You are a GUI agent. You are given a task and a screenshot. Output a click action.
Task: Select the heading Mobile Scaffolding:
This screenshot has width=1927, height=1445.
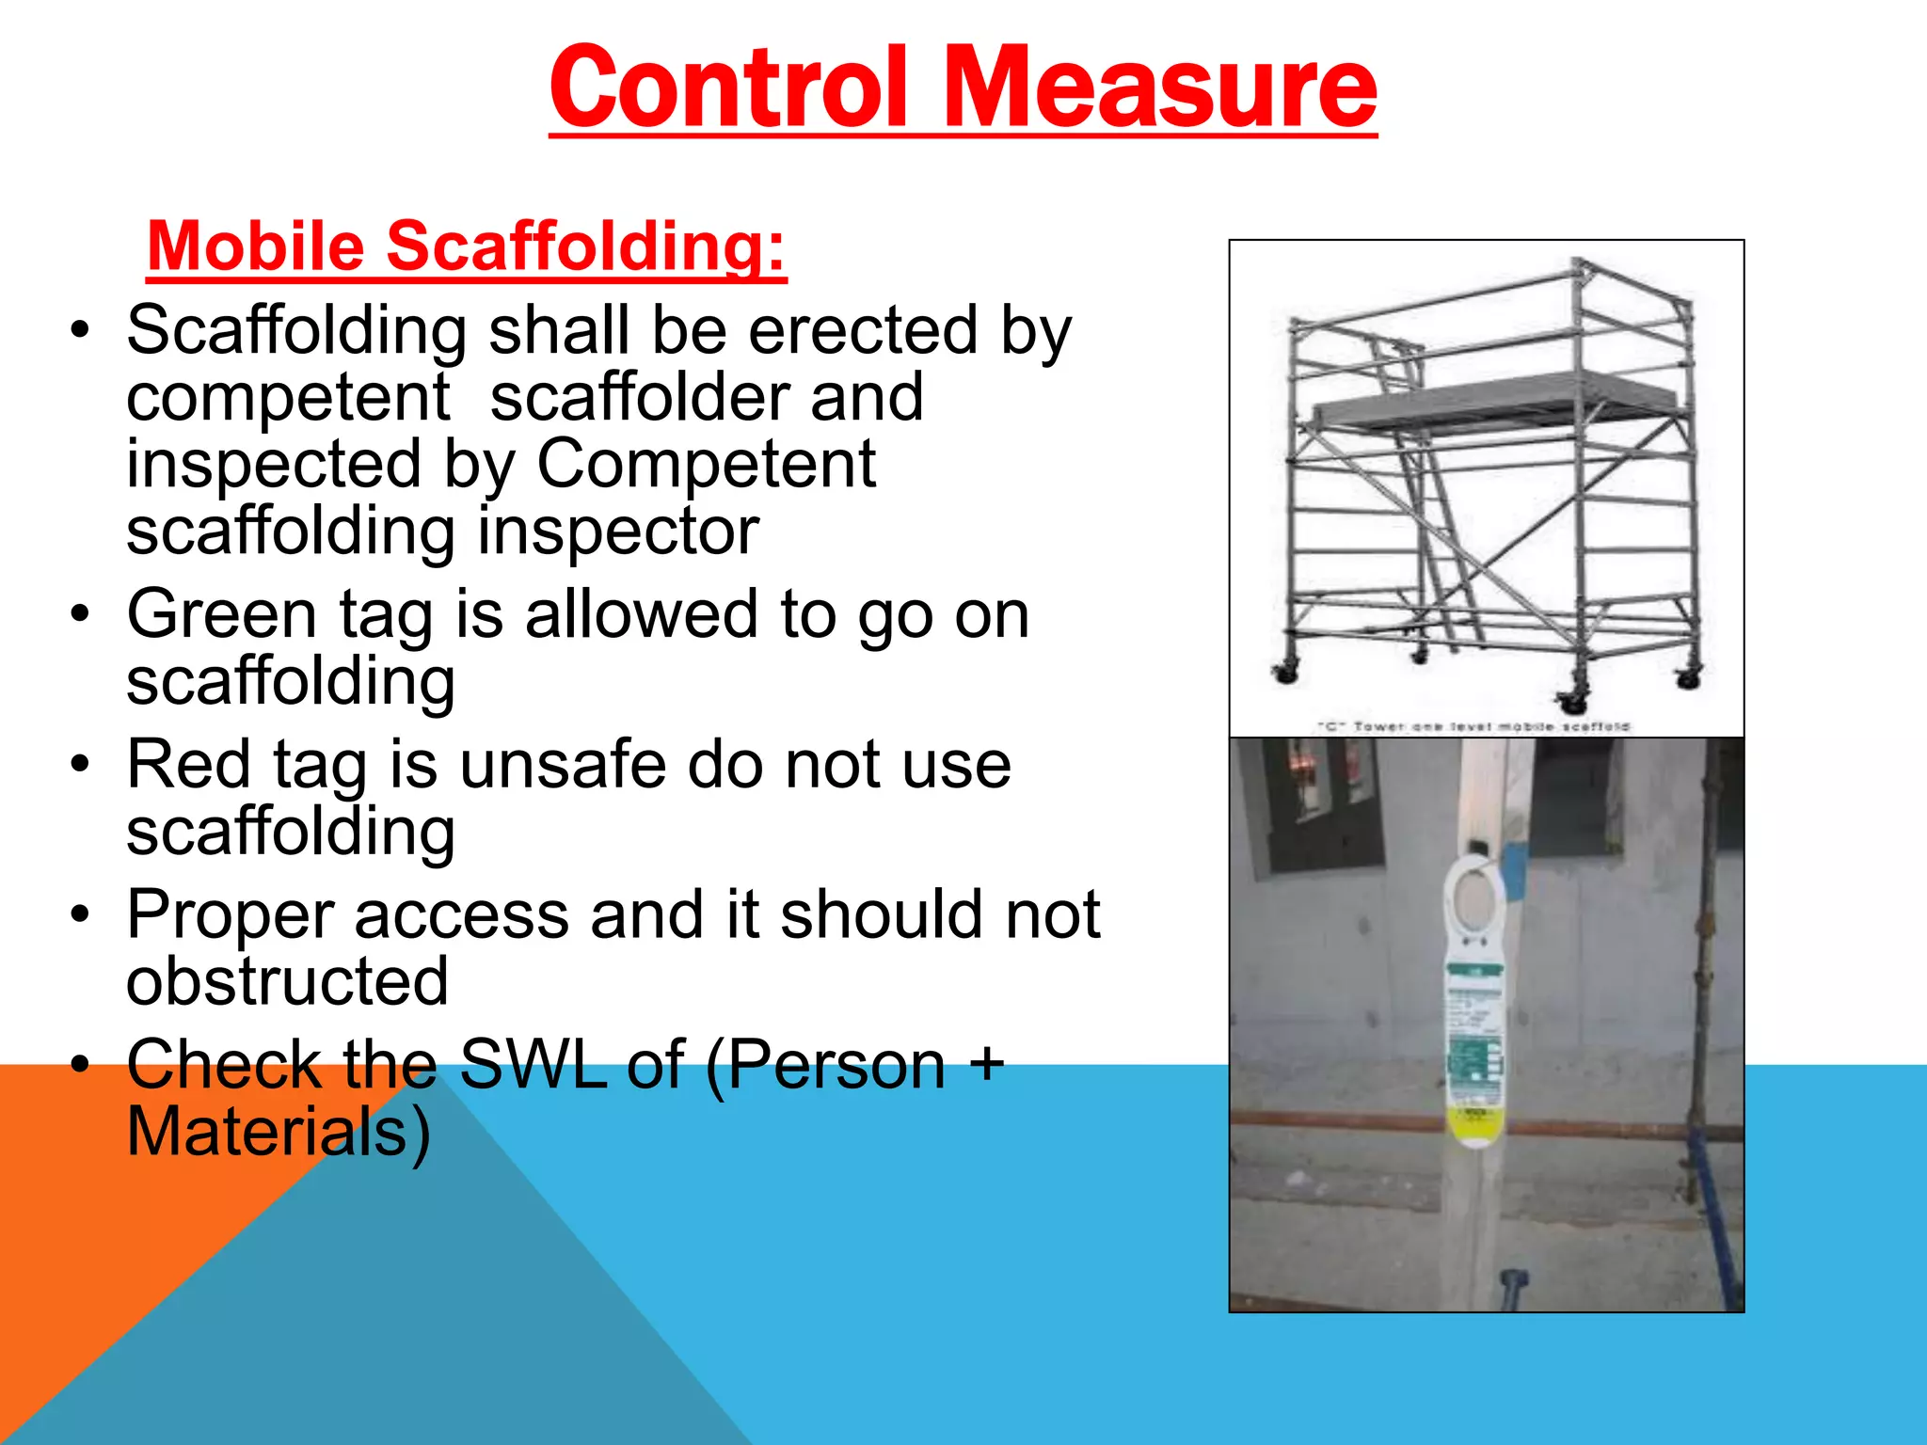point(466,246)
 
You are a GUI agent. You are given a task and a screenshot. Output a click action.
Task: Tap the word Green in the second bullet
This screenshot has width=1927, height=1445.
point(222,614)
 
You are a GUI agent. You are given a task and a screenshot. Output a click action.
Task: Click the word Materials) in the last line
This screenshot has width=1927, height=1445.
point(279,1132)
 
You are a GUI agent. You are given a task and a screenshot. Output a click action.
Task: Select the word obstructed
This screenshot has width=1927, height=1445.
point(287,981)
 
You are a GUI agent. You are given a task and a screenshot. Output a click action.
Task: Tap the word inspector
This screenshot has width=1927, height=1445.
point(618,532)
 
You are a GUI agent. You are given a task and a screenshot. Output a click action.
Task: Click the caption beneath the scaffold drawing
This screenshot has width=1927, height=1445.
point(1473,726)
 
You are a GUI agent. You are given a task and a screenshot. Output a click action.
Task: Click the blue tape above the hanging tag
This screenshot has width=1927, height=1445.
point(1512,870)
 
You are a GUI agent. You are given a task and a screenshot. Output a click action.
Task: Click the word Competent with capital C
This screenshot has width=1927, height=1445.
point(706,465)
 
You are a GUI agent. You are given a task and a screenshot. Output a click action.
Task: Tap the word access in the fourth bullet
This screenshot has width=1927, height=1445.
point(461,914)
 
